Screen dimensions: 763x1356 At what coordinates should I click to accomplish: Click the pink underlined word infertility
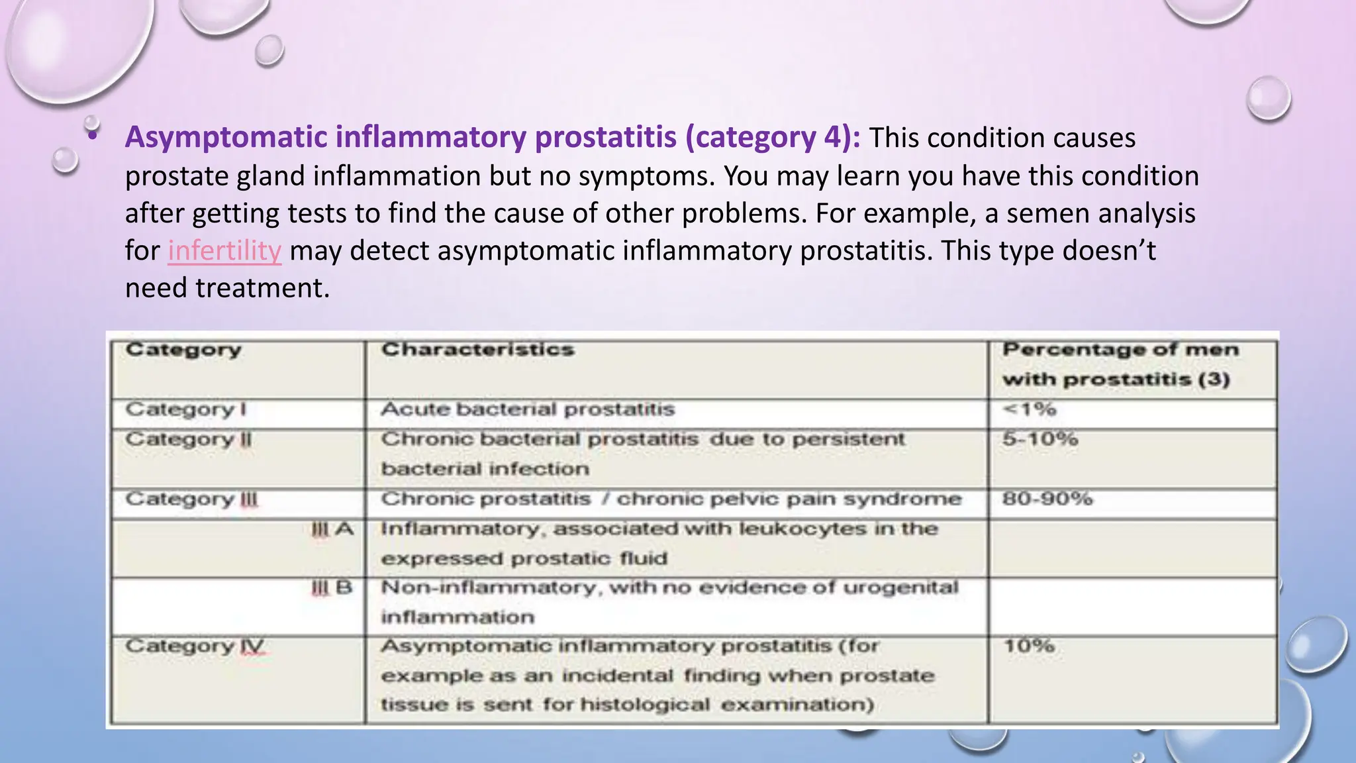[x=224, y=251]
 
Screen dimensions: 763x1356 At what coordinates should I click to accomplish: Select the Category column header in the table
[x=183, y=350]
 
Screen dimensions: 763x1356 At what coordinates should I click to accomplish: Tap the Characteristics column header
[x=477, y=350]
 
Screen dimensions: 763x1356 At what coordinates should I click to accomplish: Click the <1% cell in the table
[x=1030, y=409]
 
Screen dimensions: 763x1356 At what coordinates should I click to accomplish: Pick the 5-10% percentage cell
[x=1040, y=439]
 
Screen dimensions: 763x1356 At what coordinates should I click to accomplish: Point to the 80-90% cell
[x=1047, y=499]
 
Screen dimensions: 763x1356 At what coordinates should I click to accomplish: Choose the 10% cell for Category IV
[x=1029, y=646]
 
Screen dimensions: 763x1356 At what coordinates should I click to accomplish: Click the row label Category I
[x=186, y=409]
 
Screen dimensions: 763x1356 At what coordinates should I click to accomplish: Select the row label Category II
[x=189, y=439]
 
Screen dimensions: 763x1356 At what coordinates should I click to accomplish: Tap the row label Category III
[x=191, y=499]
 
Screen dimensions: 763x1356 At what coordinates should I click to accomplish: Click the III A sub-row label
[x=332, y=529]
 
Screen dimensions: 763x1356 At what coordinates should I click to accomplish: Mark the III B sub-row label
[x=332, y=587]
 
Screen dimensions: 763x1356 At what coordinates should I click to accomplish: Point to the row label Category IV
[x=195, y=646]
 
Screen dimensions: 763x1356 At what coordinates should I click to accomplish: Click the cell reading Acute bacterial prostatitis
[x=528, y=409]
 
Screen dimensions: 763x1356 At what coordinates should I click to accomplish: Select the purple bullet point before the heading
[x=93, y=136]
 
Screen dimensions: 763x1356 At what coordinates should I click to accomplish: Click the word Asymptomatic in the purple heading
[x=226, y=137]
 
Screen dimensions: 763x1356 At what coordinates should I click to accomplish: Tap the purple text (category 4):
[x=773, y=137]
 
